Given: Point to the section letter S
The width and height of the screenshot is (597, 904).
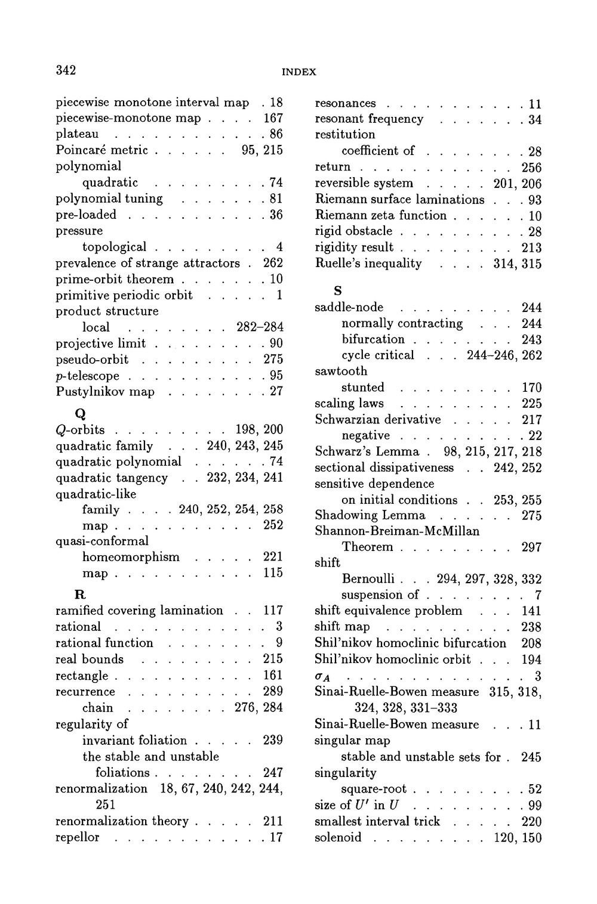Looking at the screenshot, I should (x=338, y=290).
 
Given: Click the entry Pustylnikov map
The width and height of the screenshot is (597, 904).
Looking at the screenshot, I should (x=104, y=392).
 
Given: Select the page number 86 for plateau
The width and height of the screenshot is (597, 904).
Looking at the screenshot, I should (x=276, y=134).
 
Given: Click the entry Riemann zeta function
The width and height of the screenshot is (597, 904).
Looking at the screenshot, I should (x=380, y=215).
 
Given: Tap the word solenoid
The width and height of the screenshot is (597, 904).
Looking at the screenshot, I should (x=338, y=837).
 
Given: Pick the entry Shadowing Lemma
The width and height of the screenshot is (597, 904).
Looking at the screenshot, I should (x=370, y=515).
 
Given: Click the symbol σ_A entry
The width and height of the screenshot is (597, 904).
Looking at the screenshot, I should (x=322, y=676).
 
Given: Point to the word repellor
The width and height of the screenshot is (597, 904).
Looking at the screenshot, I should (x=78, y=837).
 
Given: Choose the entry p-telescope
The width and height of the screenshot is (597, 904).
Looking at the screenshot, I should (x=87, y=376).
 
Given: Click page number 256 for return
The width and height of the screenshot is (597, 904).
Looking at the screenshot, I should (x=531, y=167).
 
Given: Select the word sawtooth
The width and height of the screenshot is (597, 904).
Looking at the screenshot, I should (x=341, y=371).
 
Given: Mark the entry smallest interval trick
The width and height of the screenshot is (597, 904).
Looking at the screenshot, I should (x=377, y=821).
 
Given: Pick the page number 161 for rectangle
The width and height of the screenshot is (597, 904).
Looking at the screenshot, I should (x=273, y=676).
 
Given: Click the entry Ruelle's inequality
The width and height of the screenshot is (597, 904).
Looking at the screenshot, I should (x=368, y=264).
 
